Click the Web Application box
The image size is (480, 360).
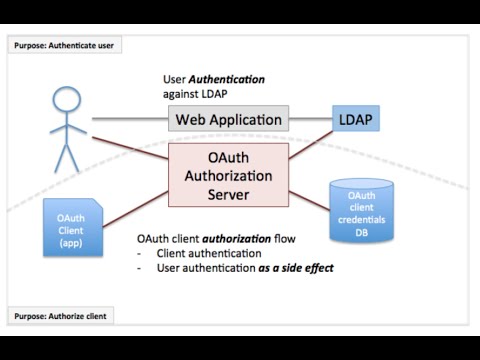[x=229, y=119]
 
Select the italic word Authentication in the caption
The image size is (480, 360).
[x=237, y=79]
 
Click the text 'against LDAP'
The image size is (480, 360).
[x=197, y=94]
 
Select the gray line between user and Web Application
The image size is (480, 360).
[x=130, y=119]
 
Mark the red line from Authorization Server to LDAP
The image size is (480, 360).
[x=312, y=141]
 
